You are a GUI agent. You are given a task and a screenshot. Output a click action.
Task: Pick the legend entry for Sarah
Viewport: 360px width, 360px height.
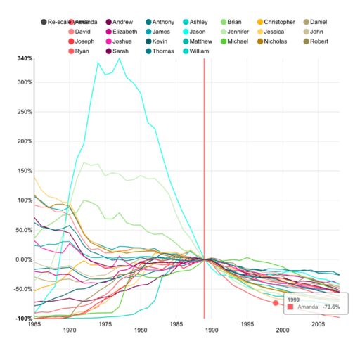click(x=122, y=51)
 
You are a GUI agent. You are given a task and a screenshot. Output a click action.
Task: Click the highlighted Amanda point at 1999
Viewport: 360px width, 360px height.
click(x=276, y=303)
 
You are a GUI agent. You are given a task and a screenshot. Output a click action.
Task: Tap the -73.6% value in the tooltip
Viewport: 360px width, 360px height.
click(x=330, y=307)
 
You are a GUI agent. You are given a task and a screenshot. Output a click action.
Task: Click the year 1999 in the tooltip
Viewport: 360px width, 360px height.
click(x=294, y=299)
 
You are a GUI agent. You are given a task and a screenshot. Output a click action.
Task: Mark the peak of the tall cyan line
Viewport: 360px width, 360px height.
click(x=120, y=59)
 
